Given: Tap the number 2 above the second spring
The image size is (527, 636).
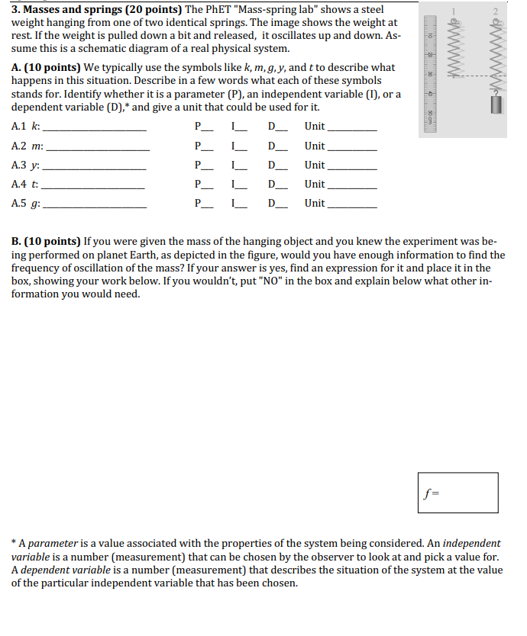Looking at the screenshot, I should tap(495, 10).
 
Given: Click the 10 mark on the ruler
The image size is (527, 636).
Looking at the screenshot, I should tap(431, 37).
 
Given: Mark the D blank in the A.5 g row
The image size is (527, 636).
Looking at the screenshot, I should tap(277, 204).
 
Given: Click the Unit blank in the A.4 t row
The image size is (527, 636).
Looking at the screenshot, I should tap(351, 185).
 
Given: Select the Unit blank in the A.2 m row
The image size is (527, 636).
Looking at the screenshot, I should tap(351, 146).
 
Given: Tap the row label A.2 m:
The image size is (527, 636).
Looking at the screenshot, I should tap(28, 146).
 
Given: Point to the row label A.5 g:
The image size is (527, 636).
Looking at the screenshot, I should tap(27, 204).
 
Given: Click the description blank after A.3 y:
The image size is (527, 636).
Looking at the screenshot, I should tap(95, 166).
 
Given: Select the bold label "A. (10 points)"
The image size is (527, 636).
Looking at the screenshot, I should tap(47, 68).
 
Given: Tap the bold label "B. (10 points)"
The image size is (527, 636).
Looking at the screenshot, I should tap(47, 242).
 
